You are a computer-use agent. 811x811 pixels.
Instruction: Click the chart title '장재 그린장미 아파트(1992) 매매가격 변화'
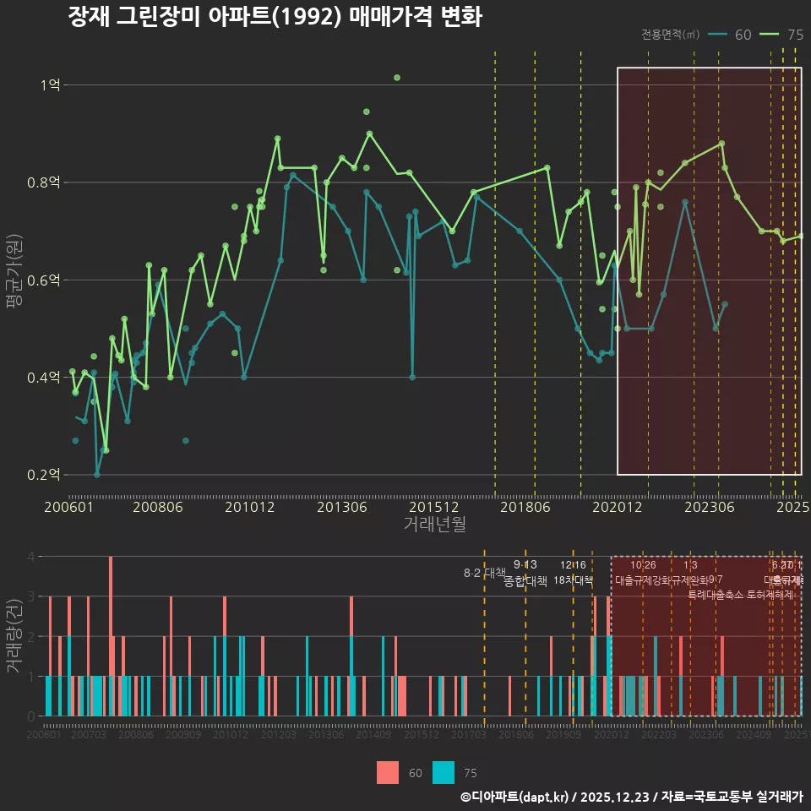pyautogui.click(x=275, y=17)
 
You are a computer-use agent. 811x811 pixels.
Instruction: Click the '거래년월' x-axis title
pyautogui.click(x=434, y=524)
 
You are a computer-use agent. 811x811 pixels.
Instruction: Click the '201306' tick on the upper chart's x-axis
pyautogui.click(x=341, y=507)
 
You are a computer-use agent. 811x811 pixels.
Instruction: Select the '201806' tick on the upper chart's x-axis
pyautogui.click(x=524, y=507)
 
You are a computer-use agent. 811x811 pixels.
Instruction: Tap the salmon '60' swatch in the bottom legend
pyautogui.click(x=388, y=772)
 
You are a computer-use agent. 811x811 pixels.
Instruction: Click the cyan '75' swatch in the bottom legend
pyautogui.click(x=444, y=772)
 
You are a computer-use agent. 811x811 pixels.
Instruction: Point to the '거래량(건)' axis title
pyautogui.click(x=14, y=635)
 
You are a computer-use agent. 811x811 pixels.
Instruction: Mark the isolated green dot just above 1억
pyautogui.click(x=397, y=78)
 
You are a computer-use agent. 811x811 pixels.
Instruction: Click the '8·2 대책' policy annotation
pyautogui.click(x=484, y=573)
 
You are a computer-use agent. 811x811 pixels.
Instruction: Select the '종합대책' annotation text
pyautogui.click(x=525, y=581)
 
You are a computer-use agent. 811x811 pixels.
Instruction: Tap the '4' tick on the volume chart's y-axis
pyautogui.click(x=31, y=557)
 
